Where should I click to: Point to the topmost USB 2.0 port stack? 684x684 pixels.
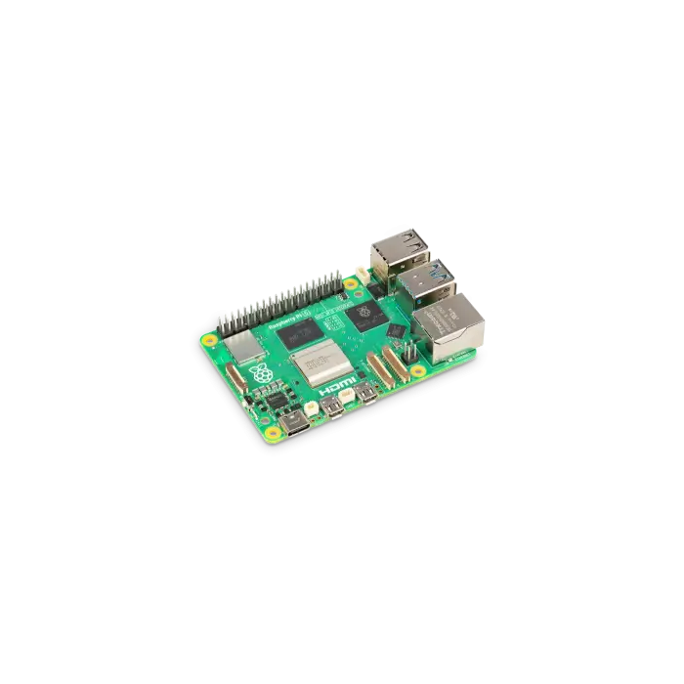pyautogui.click(x=400, y=249)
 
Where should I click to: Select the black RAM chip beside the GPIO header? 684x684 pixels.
pyautogui.click(x=294, y=333)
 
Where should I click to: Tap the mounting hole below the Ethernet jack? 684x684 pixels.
pyautogui.click(x=417, y=371)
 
